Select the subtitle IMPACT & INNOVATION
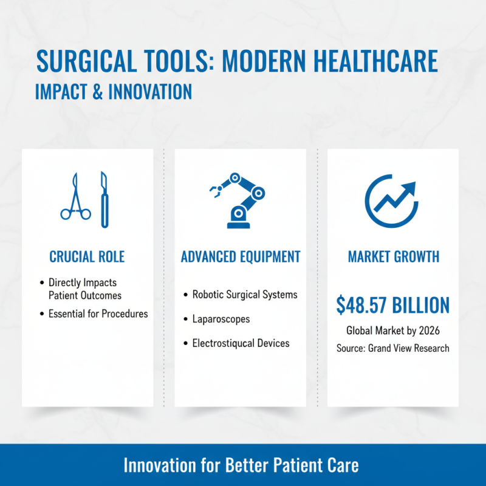coord(114,91)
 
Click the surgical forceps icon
coord(75,197)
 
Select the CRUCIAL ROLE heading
coord(87,256)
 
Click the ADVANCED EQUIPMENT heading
coord(241,256)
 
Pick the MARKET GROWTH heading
coord(394,256)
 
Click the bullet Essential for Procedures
coord(98,314)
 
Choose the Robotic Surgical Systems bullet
coord(245,295)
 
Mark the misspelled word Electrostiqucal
coord(222,343)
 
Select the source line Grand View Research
coord(408,348)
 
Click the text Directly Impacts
coord(82,282)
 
